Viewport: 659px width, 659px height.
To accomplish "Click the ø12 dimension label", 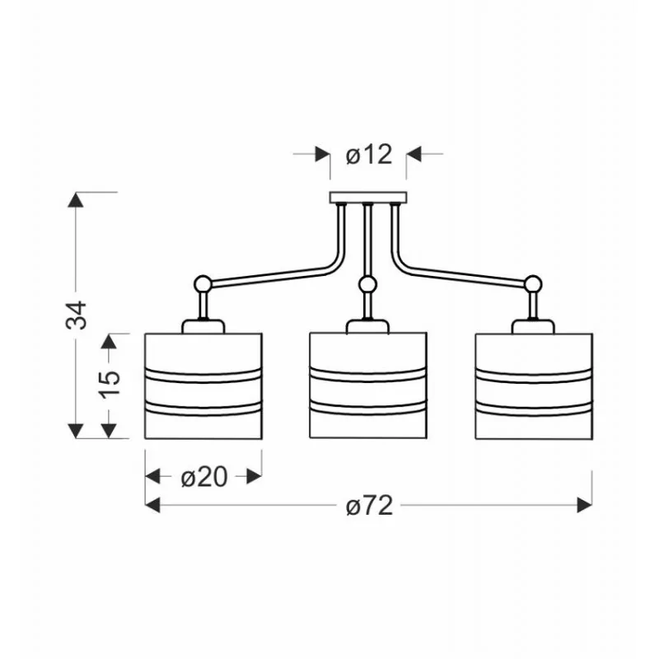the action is click(x=369, y=155).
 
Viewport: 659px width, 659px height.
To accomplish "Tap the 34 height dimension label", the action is click(x=77, y=315).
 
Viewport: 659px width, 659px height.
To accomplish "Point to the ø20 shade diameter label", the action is click(x=204, y=477).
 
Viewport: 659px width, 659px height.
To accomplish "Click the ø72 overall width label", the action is click(x=369, y=505).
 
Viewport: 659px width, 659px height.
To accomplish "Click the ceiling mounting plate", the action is click(x=368, y=198).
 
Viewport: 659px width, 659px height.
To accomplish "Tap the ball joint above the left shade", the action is click(x=202, y=284).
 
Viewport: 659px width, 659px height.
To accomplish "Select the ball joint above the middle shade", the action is click(x=368, y=284).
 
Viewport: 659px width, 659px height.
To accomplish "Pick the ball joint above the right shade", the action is click(x=533, y=283).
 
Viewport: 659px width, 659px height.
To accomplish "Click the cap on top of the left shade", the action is click(x=203, y=326).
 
